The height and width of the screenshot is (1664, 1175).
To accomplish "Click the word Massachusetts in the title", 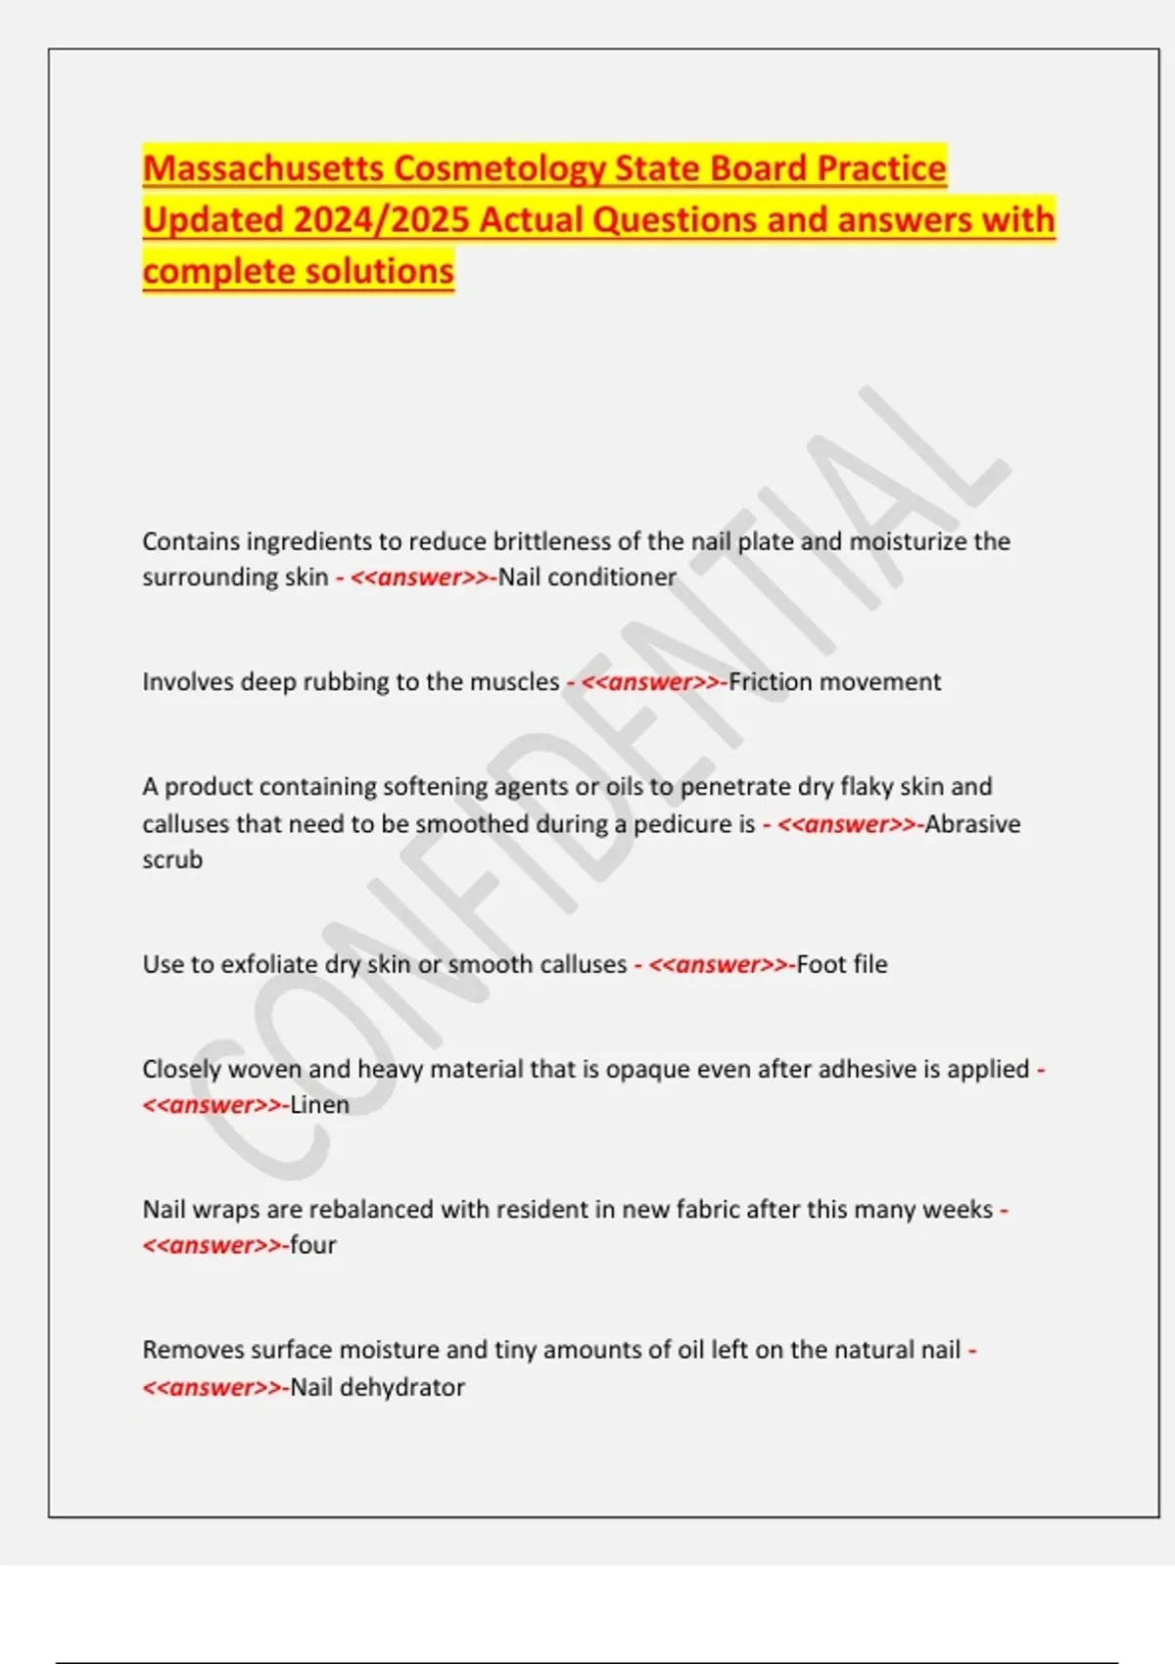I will click(263, 168).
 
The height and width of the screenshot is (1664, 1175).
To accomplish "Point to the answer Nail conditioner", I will click(587, 578).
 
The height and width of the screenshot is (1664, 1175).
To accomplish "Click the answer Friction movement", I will click(834, 682).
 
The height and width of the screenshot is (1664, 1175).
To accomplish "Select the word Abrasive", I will click(972, 824).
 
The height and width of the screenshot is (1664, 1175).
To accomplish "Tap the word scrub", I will click(172, 859).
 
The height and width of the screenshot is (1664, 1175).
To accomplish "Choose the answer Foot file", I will click(842, 964).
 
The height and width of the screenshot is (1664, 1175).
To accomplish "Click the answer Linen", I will click(319, 1105).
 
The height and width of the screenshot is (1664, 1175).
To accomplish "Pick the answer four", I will click(313, 1245).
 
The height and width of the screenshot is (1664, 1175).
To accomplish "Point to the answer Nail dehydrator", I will click(377, 1387).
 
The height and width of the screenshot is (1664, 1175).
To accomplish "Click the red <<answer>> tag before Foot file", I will click(718, 964).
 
